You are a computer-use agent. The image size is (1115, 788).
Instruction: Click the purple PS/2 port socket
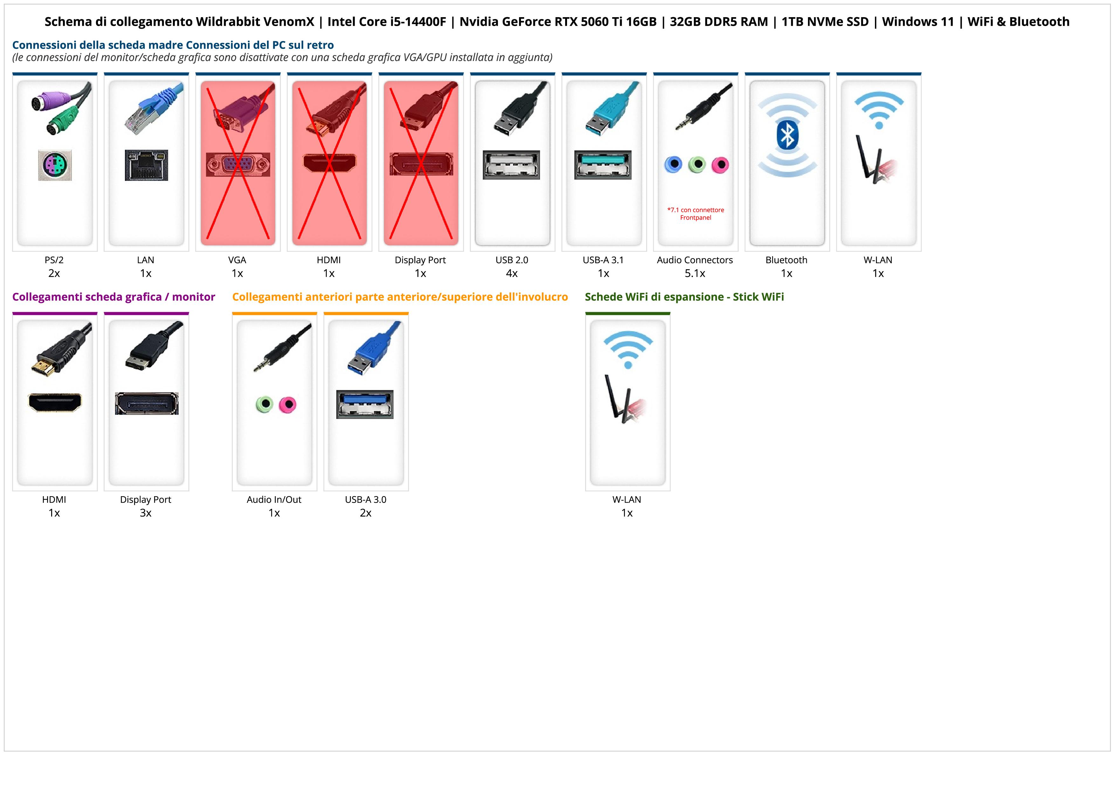pos(55,165)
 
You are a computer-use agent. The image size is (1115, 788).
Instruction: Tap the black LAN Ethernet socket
pos(146,165)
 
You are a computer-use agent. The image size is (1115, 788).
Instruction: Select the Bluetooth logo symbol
pos(787,135)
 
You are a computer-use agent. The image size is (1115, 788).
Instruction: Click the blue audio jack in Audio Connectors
pos(673,165)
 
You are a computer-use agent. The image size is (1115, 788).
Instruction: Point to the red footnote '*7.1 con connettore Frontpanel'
pos(695,214)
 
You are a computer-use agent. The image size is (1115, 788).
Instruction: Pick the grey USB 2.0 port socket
pos(511,165)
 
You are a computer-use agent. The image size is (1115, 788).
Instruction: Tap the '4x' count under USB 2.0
pos(512,273)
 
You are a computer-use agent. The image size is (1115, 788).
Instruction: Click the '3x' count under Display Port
pos(146,513)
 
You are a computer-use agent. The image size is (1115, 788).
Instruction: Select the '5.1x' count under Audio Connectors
pos(695,273)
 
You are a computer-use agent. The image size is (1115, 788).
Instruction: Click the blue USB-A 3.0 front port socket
pos(365,404)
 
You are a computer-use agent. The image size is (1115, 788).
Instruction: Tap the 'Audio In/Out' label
pos(274,500)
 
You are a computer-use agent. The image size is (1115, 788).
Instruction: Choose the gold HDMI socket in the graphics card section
pos(55,402)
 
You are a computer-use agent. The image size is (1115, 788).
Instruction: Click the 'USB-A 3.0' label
pos(366,500)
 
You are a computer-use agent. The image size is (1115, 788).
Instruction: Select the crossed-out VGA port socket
pos(237,165)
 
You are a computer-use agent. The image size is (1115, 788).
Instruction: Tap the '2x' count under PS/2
pos(54,273)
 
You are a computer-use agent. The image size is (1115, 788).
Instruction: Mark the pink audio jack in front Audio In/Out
pos(288,404)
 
